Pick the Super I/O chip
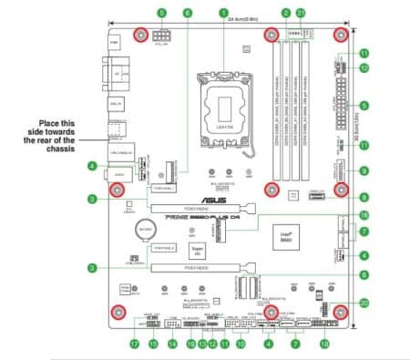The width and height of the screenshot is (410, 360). (195, 248)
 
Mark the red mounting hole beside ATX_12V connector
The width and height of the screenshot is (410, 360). (142, 36)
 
